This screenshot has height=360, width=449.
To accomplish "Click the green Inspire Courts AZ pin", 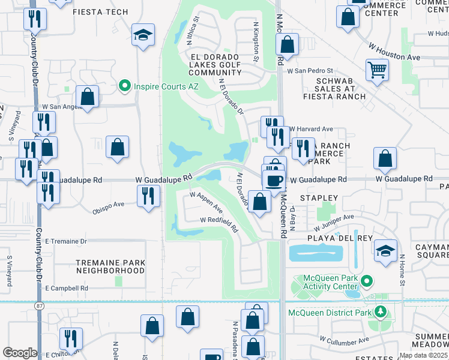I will (x=125, y=86).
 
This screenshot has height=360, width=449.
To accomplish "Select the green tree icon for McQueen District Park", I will (x=379, y=312).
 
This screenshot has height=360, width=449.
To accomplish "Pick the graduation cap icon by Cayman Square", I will (x=385, y=251).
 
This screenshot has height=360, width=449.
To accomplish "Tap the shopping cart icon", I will (x=377, y=70).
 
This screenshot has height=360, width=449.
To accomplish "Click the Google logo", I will (x=20, y=353).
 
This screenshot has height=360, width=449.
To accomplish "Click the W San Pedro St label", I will (x=310, y=71).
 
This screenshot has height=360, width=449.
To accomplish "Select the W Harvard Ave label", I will (x=310, y=129).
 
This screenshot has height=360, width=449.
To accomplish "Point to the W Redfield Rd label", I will (x=219, y=224).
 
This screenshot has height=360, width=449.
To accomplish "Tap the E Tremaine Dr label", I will (x=66, y=241).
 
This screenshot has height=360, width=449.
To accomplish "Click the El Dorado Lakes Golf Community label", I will (x=214, y=65).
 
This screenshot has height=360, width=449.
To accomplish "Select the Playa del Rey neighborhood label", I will (x=324, y=236).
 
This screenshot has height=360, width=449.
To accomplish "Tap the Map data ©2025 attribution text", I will (x=423, y=355).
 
